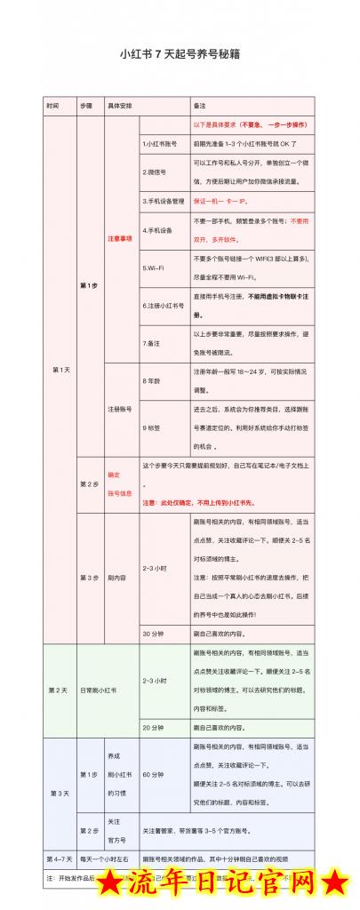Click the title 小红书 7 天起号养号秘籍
[x=180, y=54]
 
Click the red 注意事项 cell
[x=120, y=238]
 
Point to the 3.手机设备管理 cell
[x=163, y=201]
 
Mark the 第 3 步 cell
[x=90, y=578]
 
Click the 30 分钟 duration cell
[x=153, y=633]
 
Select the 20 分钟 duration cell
[x=153, y=727]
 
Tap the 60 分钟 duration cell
[x=153, y=774]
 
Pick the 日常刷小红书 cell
[x=102, y=690]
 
